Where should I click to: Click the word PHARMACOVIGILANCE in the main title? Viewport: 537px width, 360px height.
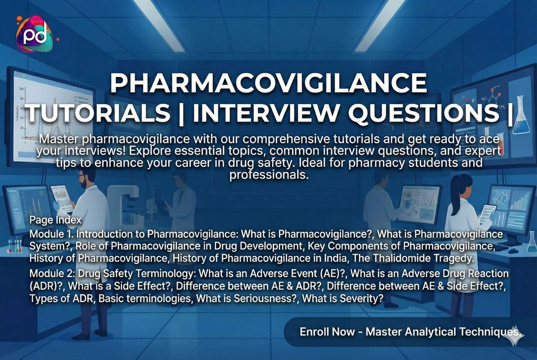268,83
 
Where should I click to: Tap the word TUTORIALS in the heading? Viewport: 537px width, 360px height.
99,113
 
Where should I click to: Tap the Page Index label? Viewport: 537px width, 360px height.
55,220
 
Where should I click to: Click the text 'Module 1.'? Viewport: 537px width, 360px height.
51,234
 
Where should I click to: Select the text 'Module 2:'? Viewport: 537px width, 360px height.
52,274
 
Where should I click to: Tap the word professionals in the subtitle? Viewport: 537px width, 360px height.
268,175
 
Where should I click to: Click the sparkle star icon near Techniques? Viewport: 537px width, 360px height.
515,335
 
